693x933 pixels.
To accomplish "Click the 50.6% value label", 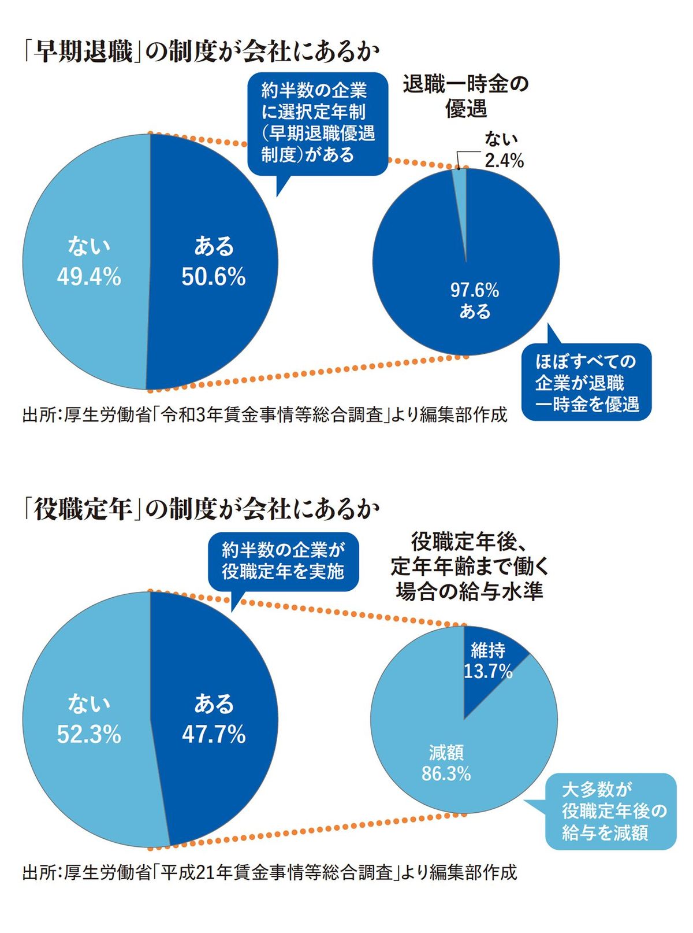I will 214,277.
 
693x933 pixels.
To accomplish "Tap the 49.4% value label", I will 89,277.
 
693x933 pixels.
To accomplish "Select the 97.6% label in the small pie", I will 475,290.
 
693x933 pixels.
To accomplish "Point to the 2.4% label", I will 504,161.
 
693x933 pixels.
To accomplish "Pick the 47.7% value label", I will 214,735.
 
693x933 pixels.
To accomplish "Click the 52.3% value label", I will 89,735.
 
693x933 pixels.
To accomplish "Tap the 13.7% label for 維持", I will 488,671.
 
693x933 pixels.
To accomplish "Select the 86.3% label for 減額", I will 446,773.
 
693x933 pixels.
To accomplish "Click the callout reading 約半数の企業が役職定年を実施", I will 283,561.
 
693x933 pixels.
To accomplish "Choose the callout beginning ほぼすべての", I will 586,383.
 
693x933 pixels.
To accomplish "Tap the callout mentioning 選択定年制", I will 317,123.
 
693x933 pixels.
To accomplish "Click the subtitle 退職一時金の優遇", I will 465,96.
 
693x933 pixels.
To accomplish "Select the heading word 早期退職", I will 83,52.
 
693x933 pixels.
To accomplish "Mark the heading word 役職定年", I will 83,509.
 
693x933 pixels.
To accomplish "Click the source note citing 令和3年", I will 264,415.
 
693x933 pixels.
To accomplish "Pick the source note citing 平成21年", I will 269,872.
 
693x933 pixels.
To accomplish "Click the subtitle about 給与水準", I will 469,567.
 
